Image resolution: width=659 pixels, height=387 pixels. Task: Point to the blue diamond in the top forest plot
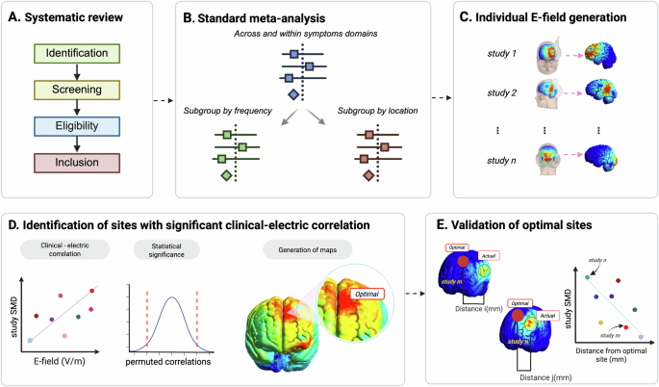292,95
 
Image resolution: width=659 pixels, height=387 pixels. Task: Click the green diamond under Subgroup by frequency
226,175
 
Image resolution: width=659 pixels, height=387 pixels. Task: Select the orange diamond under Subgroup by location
367,175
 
